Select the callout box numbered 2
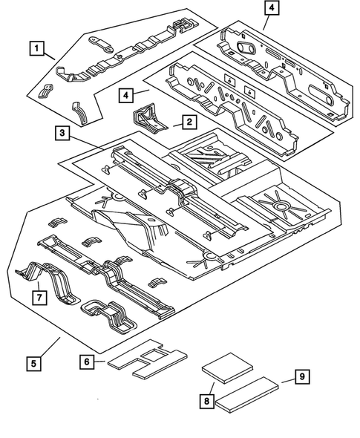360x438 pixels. click(189, 120)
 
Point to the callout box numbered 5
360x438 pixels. click(31, 364)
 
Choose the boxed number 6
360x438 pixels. click(88, 361)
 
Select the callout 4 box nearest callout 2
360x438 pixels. click(127, 95)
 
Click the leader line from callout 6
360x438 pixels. click(102, 362)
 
